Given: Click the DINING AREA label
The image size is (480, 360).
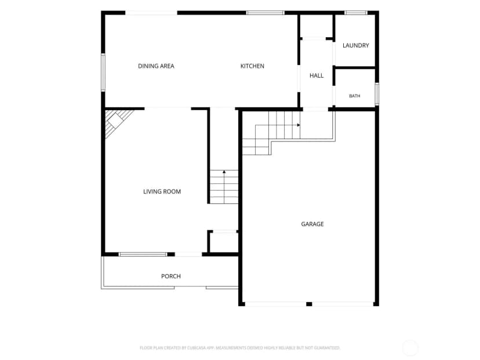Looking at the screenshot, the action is pos(156,66).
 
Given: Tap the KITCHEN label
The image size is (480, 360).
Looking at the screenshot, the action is pos(252,66).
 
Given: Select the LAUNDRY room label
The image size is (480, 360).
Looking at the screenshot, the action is pos(356,45).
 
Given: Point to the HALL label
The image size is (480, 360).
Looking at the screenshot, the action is pos(317,75).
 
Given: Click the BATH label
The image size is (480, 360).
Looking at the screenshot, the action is pos(355,96).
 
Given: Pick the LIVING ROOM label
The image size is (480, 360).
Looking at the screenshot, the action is pos(162,191).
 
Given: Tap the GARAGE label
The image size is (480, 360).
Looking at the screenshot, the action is pos(312,224).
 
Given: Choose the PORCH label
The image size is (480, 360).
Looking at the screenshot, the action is pos(171,276).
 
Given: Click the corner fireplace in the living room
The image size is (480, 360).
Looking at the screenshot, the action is pos(116,122).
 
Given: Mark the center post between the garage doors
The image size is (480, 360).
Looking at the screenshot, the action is pos(309,304).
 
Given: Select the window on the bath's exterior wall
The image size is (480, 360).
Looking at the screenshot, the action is pos(377,94).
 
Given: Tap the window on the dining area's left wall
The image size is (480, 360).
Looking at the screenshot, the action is pos(103,72).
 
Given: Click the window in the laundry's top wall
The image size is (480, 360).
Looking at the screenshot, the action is pos(356,13).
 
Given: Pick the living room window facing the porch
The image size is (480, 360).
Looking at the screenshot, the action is pos(143,254).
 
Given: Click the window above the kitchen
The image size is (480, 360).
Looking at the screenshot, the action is pos(266,13).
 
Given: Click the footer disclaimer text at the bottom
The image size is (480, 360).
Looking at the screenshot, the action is pos(239,348).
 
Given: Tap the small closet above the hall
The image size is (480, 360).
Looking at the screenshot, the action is pos(316,26).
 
